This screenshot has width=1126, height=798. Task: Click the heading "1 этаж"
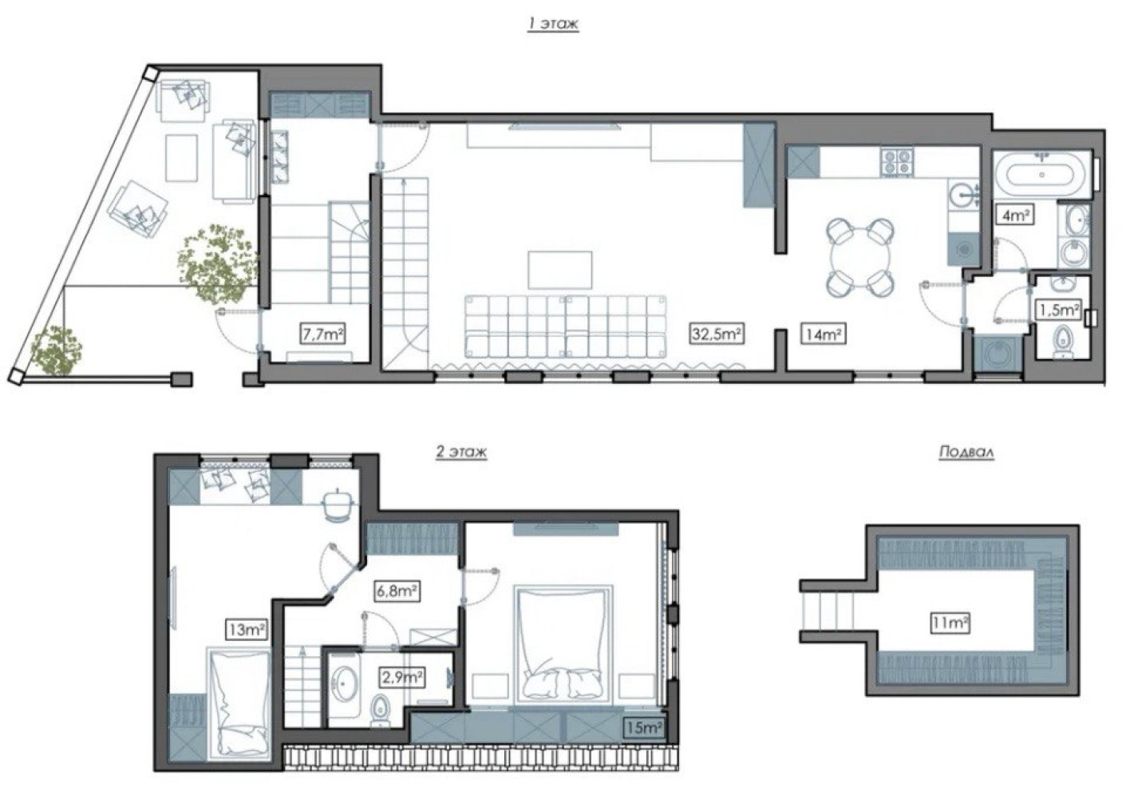click(x=552, y=24)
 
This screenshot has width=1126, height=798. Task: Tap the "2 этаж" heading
click(x=461, y=452)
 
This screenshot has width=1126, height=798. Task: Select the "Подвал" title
click(x=966, y=452)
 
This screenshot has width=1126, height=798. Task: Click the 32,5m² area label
click(x=716, y=334)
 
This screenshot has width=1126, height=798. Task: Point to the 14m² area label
click(x=824, y=334)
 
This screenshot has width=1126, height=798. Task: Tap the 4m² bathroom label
click(x=1015, y=216)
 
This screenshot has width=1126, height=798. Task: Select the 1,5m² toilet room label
click(x=1058, y=310)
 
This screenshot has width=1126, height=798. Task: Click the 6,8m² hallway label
click(x=397, y=591)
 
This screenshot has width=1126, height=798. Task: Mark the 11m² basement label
click(x=950, y=623)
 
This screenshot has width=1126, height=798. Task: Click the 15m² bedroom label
click(x=643, y=727)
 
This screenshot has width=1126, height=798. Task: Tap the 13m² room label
click(x=246, y=629)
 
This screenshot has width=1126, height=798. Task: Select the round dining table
click(x=860, y=257)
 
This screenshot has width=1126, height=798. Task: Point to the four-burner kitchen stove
click(x=897, y=162)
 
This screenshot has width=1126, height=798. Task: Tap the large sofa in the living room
click(x=566, y=326)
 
